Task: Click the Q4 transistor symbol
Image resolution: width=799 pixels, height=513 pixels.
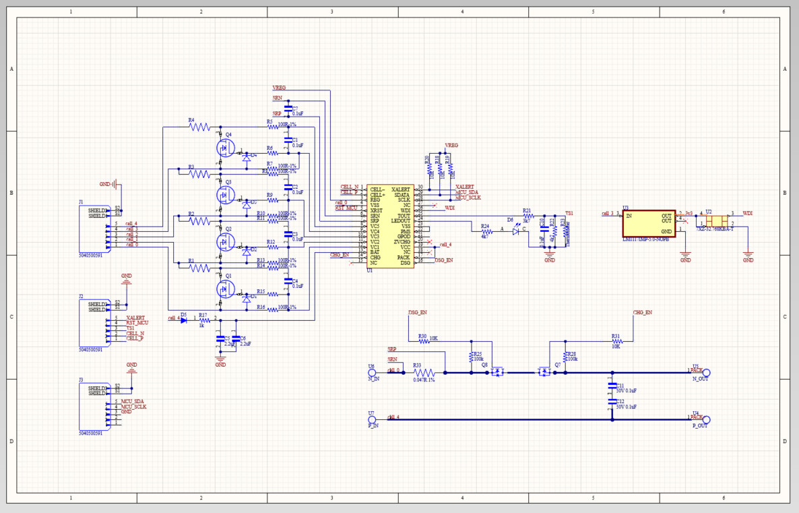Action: [225, 147]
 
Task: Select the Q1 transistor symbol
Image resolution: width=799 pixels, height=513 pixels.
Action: [225, 289]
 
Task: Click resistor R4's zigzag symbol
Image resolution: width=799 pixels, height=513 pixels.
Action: [200, 127]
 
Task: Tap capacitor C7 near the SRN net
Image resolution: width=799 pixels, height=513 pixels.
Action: [288, 109]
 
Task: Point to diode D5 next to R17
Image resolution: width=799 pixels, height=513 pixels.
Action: [183, 320]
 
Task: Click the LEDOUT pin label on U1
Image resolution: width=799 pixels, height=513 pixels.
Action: [401, 220]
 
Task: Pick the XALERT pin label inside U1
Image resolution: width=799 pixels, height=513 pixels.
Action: [401, 189]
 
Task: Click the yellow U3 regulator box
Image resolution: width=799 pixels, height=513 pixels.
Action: [649, 223]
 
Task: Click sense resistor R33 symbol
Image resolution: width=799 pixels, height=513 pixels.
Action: [424, 372]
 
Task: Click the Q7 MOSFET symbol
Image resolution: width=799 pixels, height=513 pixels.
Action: [543, 371]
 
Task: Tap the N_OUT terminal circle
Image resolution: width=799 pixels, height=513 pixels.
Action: [707, 372]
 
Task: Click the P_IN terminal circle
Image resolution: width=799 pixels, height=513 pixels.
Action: [371, 419]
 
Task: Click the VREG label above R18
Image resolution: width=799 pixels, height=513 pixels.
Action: [451, 145]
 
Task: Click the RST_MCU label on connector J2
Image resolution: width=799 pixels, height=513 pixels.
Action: [137, 323]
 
